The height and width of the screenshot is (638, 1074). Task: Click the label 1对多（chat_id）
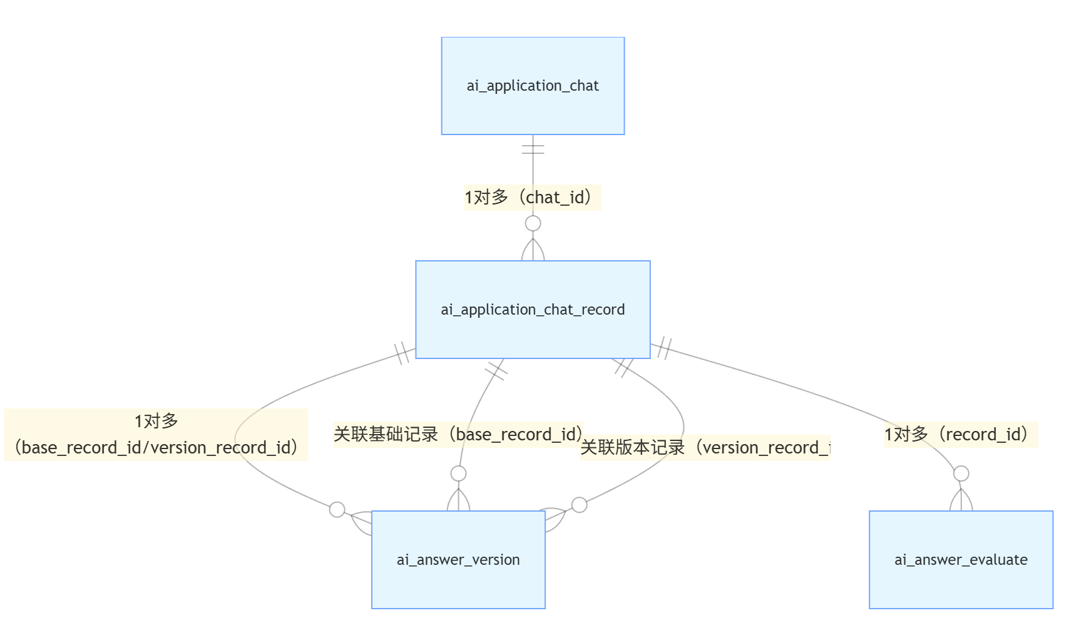point(532,198)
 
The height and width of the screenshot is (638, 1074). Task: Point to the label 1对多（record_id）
point(960,434)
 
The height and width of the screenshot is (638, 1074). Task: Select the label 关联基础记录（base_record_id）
point(458,434)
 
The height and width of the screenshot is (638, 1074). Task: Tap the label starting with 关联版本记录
point(705,448)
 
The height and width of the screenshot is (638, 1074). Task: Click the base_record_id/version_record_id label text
point(156,448)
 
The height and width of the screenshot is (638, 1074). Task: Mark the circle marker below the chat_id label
point(533,223)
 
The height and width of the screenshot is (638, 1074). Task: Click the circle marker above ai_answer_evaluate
point(961,473)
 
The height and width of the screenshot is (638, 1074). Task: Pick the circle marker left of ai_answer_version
point(337,510)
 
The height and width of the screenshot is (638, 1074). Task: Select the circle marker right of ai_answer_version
point(580,505)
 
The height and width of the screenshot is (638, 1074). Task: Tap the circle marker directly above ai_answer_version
point(459,473)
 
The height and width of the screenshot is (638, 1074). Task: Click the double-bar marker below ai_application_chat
point(533,149)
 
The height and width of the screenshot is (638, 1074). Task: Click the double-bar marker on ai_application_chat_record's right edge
point(665,348)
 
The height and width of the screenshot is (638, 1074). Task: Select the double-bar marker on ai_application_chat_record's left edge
point(402,353)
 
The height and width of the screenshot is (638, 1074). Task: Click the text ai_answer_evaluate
point(961,560)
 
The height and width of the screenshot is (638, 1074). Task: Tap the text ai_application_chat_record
point(533,310)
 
